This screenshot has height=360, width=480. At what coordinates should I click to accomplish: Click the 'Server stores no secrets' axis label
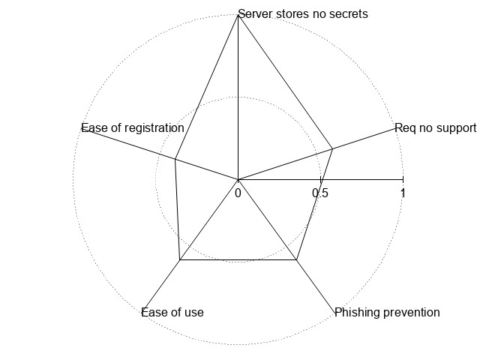(x=303, y=13)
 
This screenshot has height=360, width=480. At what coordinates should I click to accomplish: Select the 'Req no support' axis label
(x=435, y=128)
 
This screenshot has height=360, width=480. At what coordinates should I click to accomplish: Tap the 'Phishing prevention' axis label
(x=387, y=312)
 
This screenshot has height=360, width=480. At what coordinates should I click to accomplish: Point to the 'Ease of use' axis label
(x=172, y=312)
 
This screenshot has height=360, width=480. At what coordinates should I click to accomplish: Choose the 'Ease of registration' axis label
(x=133, y=128)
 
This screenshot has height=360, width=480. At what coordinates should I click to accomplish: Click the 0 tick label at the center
(x=238, y=193)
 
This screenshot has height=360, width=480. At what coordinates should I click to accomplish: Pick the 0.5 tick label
(x=320, y=193)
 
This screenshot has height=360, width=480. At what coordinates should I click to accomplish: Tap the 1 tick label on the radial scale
(x=403, y=193)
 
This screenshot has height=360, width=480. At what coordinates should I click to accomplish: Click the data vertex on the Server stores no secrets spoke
(x=238, y=15)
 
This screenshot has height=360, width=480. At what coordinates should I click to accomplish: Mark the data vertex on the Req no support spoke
(x=332, y=149)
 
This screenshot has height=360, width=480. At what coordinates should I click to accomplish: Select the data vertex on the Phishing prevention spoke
(x=297, y=260)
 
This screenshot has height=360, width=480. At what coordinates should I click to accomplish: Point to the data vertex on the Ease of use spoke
(x=180, y=260)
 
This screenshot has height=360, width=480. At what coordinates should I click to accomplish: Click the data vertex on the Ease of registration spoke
(x=175, y=159)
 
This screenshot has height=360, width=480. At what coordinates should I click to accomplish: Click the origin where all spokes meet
(x=238, y=180)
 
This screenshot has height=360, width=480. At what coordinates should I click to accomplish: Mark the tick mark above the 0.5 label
(x=320, y=180)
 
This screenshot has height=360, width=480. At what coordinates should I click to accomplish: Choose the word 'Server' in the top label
(x=255, y=13)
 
